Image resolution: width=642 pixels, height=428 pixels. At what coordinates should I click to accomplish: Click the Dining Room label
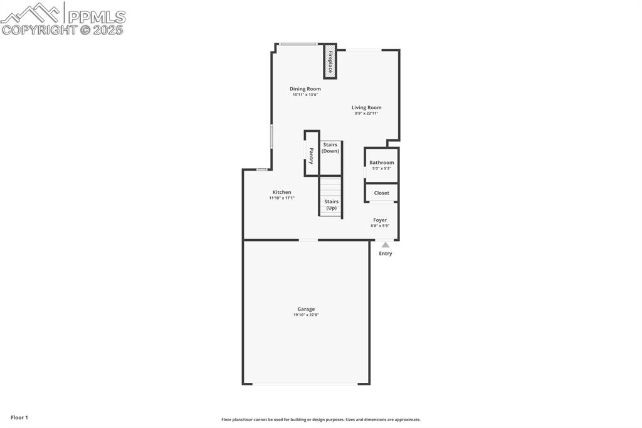(x=305, y=89)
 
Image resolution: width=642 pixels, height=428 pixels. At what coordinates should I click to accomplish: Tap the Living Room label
(x=366, y=108)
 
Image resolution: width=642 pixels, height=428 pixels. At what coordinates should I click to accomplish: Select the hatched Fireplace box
(x=330, y=62)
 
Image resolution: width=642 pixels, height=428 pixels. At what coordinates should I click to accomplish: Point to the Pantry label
(x=311, y=156)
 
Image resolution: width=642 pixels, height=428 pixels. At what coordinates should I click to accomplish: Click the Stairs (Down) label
(x=330, y=148)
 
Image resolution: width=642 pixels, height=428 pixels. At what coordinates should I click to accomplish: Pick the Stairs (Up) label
(x=331, y=205)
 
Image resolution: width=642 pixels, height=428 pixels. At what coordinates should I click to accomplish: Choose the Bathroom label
(x=381, y=163)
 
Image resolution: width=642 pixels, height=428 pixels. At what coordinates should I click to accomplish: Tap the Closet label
(x=381, y=193)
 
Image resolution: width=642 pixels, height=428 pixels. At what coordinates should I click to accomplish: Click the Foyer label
(x=380, y=220)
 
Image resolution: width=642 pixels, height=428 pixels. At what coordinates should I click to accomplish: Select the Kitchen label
(x=282, y=192)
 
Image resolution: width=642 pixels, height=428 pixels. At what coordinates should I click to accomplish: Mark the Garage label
(x=306, y=309)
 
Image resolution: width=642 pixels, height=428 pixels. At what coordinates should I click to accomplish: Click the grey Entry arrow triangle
(x=386, y=245)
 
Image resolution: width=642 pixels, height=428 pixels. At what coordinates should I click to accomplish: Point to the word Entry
(x=386, y=254)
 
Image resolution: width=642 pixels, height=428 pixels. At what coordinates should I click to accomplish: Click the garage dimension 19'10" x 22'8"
(x=306, y=315)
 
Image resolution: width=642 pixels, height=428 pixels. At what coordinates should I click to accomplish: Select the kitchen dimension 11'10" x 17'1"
(x=282, y=198)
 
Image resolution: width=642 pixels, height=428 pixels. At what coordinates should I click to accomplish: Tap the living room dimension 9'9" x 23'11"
(x=366, y=114)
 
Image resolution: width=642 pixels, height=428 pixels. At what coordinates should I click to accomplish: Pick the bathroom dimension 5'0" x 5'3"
(x=381, y=168)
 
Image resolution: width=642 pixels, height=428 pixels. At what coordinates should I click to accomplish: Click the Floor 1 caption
(x=19, y=417)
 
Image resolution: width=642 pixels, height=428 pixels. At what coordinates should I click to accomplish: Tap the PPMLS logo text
(x=96, y=17)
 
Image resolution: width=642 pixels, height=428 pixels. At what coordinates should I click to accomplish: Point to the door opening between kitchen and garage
(x=308, y=240)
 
